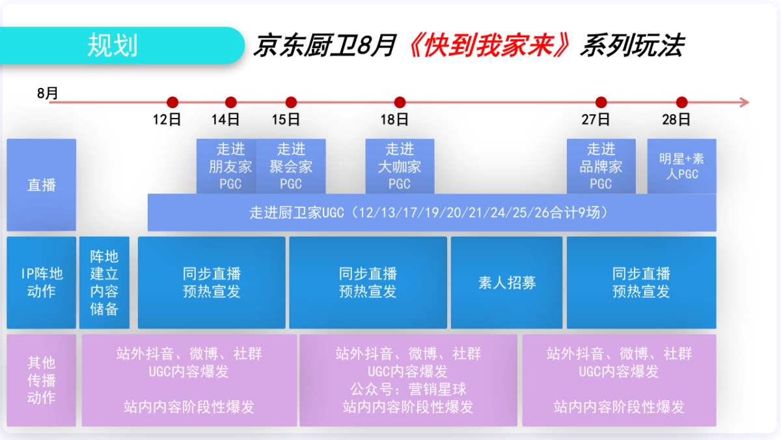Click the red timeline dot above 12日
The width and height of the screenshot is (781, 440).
(x=172, y=102)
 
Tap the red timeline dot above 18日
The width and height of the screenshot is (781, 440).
(x=400, y=102)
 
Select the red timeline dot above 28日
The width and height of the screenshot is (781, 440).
(x=681, y=102)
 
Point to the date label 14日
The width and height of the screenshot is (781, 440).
(x=226, y=119)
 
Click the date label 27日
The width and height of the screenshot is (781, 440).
(x=596, y=119)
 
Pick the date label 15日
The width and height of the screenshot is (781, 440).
(x=286, y=119)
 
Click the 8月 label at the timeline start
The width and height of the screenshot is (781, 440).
(x=48, y=93)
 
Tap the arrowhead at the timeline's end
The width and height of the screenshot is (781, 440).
(x=744, y=102)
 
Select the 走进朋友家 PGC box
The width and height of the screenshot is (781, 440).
(x=229, y=166)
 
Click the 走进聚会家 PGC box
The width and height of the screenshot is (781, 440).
(x=291, y=166)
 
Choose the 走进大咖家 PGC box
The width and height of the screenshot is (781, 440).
(x=400, y=166)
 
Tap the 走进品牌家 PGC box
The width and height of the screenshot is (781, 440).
(x=601, y=166)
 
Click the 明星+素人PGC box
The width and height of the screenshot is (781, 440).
(x=681, y=166)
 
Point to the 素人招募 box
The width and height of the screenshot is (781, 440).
(x=506, y=283)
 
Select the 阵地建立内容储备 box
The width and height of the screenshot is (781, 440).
(x=104, y=283)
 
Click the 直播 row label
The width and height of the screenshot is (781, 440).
(x=41, y=185)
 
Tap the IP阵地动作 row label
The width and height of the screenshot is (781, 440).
(x=41, y=283)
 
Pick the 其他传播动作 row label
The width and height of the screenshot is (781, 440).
(x=41, y=380)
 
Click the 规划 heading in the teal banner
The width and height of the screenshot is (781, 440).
(x=112, y=46)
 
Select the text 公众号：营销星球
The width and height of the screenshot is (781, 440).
(x=408, y=389)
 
